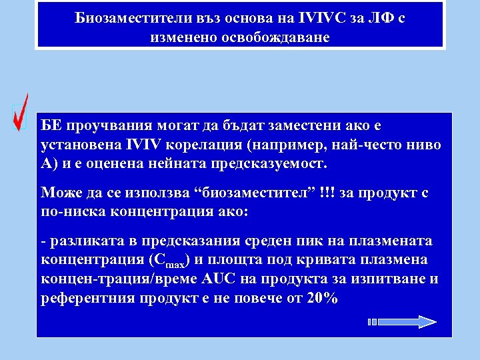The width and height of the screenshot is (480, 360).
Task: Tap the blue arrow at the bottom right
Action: click(403, 322)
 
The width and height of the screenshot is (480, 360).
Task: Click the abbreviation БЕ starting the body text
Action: click(51, 126)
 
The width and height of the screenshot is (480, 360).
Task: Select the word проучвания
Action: click(107, 126)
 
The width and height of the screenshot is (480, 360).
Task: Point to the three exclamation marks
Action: click(327, 193)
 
